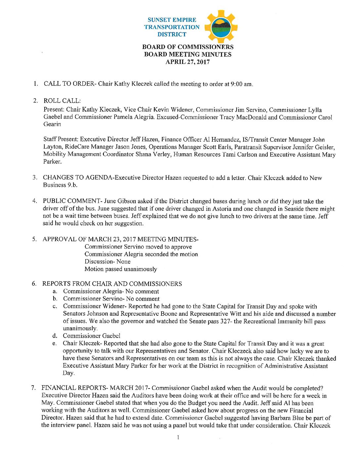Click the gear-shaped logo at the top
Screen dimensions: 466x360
[x=221, y=27]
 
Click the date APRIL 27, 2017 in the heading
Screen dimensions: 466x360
[x=188, y=62]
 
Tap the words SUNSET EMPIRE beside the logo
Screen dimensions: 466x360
[x=172, y=20]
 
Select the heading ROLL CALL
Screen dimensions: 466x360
[x=62, y=101]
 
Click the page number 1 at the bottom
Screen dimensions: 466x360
[x=178, y=438]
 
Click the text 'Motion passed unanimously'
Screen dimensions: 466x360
[x=121, y=269]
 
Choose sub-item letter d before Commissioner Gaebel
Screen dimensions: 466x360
[x=55, y=336]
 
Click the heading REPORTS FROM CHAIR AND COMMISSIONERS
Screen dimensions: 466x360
[x=112, y=284]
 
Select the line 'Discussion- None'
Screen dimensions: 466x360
[x=108, y=261]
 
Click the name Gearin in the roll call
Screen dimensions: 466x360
[x=52, y=124]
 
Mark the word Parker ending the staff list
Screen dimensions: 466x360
[x=52, y=162]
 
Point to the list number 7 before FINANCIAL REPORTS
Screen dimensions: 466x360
[x=33, y=388]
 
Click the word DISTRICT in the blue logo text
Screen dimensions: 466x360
[x=172, y=34]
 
